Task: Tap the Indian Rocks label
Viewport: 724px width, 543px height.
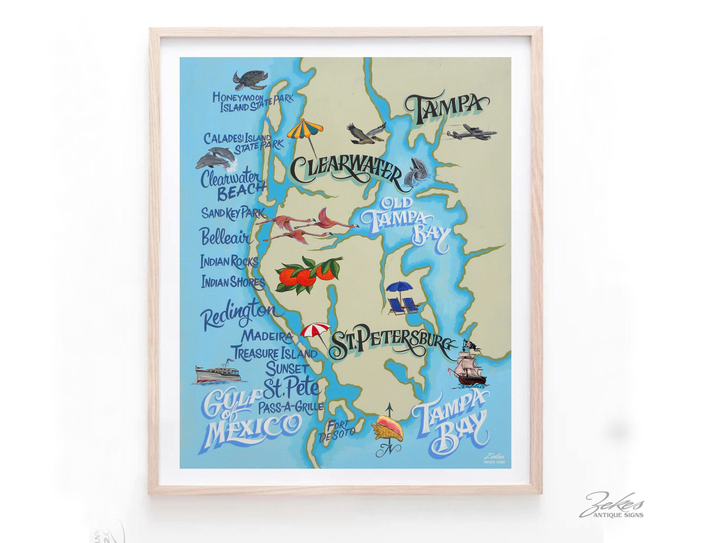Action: click(x=229, y=261)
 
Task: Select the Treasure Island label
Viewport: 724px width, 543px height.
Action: click(x=275, y=353)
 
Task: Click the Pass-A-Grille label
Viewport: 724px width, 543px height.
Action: click(x=291, y=407)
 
